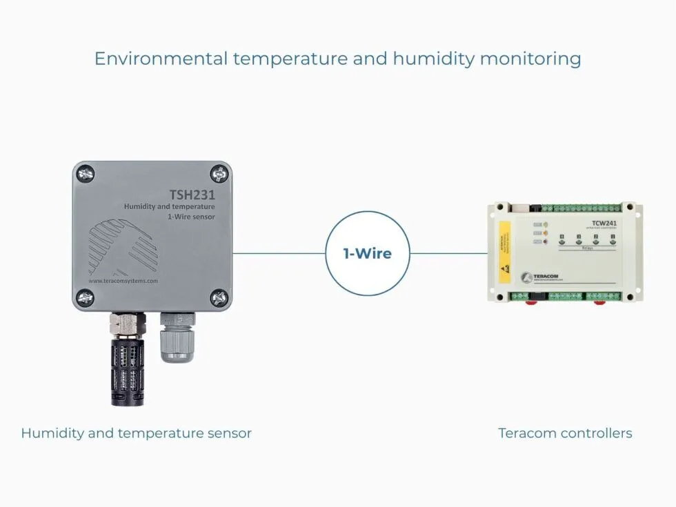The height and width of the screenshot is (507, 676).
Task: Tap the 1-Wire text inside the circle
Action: point(368,254)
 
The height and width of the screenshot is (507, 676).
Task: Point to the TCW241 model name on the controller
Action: point(604,223)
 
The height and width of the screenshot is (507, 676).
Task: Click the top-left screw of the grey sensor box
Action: point(85,173)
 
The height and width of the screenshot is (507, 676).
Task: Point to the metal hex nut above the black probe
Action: point(128,321)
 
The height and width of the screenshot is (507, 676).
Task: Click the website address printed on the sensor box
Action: point(123,281)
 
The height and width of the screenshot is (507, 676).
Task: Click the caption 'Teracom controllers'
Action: point(565,433)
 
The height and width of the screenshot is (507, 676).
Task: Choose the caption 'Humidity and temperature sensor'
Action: point(136,433)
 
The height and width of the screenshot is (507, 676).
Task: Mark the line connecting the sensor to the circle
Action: point(279,253)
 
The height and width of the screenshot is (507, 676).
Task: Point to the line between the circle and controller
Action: point(448,253)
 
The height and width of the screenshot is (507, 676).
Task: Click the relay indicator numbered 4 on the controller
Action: point(562,239)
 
